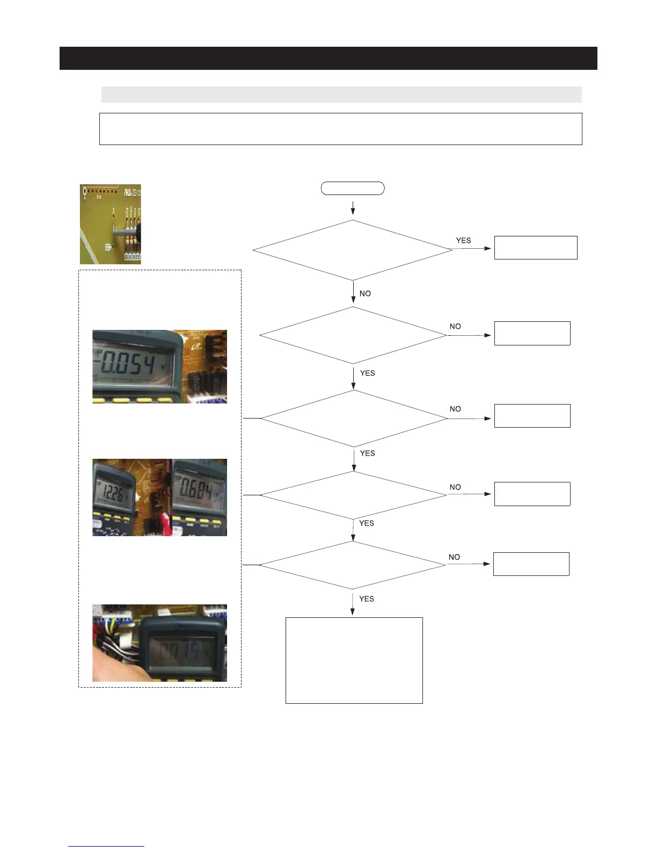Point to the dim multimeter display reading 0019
pyautogui.click(x=182, y=651)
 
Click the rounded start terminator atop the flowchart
pyautogui.click(x=353, y=188)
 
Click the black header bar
pyautogui.click(x=328, y=58)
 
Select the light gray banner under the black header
pyautogui.click(x=341, y=95)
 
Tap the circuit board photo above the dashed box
pyautogui.click(x=111, y=224)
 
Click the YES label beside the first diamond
pyautogui.click(x=463, y=240)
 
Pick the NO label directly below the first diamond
pyautogui.click(x=365, y=293)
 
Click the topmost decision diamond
pyautogui.click(x=353, y=250)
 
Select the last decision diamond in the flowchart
pyautogui.click(x=353, y=565)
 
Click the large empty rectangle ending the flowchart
pyautogui.click(x=354, y=660)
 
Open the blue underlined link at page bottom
pyautogui.click(x=106, y=846)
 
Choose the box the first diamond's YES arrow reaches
pyautogui.click(x=535, y=248)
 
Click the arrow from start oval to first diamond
pyautogui.click(x=353, y=208)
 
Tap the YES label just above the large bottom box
pyautogui.click(x=367, y=598)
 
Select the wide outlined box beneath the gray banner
pyautogui.click(x=340, y=129)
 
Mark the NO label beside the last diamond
pyautogui.click(x=454, y=557)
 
